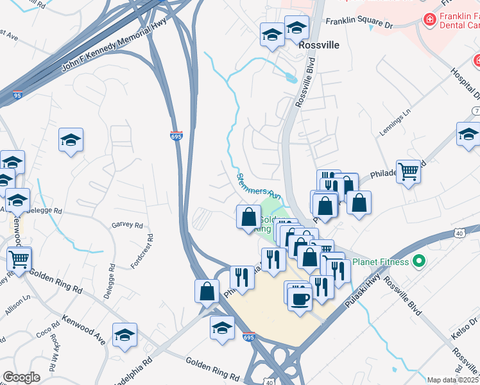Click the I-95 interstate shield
tap(16, 95)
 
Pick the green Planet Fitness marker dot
tap(420, 261)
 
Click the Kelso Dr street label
tap(463, 319)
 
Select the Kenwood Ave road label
tap(83, 329)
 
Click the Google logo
tap(21, 377)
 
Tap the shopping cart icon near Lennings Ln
tap(408, 171)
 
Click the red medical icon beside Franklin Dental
tap(429, 21)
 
